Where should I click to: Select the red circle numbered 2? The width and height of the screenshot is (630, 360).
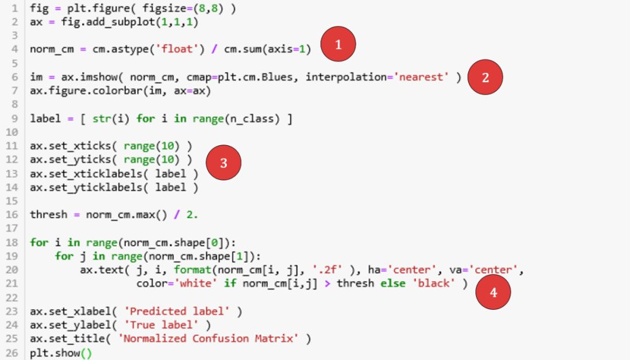click(x=486, y=78)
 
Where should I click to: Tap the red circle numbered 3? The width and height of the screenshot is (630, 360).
click(x=223, y=163)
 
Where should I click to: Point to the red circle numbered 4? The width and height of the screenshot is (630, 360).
click(x=494, y=292)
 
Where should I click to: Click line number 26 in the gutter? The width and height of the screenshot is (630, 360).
click(x=13, y=352)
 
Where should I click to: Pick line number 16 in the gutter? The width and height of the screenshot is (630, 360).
click(x=13, y=214)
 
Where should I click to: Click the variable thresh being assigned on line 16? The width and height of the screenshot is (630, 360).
click(x=48, y=214)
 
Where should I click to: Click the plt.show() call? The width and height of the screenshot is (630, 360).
click(x=61, y=352)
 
